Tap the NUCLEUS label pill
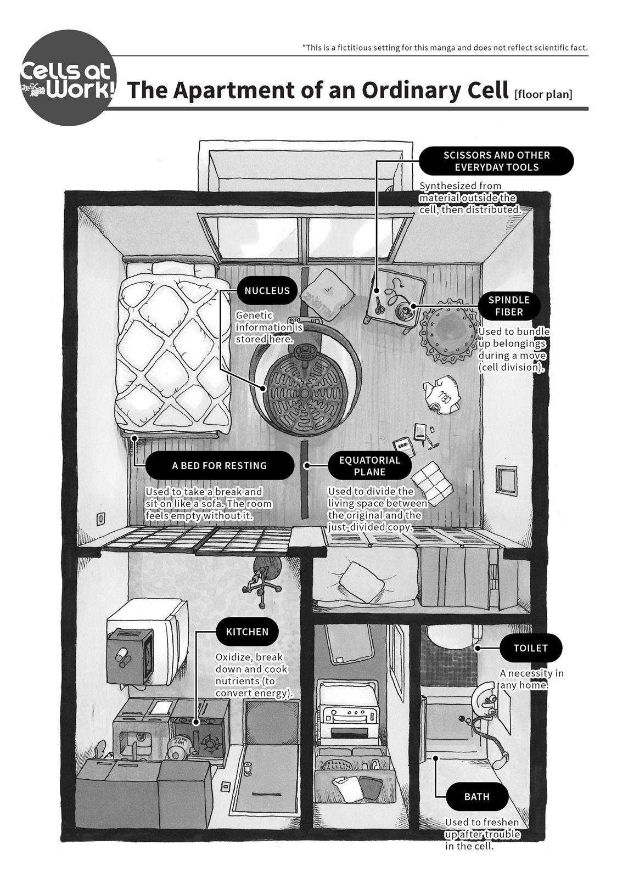tap(267, 290)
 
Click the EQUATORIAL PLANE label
tap(369, 465)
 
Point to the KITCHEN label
tap(247, 632)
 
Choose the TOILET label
tap(530, 648)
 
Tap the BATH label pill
tap(476, 796)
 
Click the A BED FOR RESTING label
tap(219, 465)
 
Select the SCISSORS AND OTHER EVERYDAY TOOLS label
tap(496, 161)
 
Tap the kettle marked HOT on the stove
tap(180, 747)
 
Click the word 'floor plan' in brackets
tap(543, 94)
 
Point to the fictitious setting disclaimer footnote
tap(445, 48)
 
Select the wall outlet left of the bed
tap(101, 517)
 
